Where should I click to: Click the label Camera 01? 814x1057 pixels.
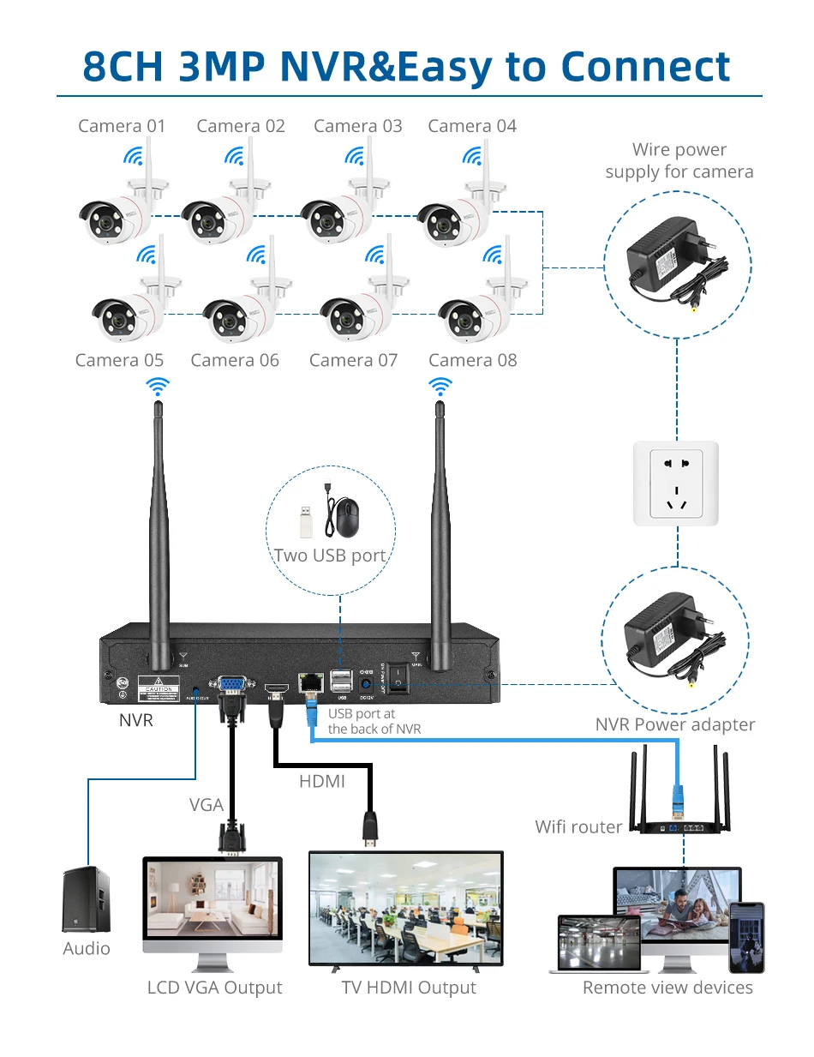[122, 126]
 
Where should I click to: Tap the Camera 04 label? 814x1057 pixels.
[472, 126]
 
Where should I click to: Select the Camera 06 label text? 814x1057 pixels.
[235, 360]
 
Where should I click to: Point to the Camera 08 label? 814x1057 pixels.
[473, 360]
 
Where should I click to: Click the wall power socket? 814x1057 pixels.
[676, 483]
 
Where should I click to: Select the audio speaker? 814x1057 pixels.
[87, 899]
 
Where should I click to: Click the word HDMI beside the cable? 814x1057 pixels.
[322, 781]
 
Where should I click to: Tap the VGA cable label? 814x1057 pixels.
[206, 805]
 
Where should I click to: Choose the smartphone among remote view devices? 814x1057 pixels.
[746, 936]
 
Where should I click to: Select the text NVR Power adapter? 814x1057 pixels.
[675, 725]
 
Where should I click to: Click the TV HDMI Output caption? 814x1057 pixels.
[409, 988]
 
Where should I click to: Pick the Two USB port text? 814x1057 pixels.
[330, 556]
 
